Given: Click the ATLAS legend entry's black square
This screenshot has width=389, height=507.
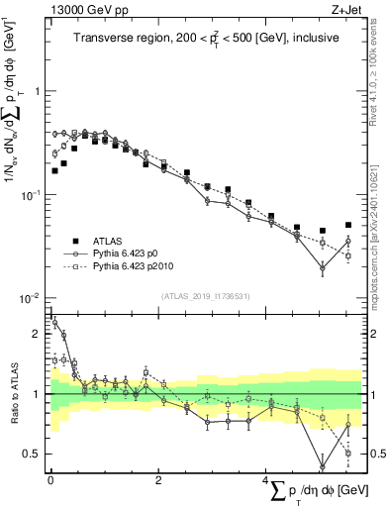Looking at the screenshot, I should (x=73, y=241).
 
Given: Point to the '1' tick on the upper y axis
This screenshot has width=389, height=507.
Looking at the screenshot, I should (x=37, y=91).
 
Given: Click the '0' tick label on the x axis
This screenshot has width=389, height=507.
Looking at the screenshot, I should (x=49, y=482).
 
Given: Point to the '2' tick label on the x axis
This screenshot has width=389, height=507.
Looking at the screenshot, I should (x=158, y=482).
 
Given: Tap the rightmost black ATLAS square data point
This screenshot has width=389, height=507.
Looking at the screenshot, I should (x=348, y=225).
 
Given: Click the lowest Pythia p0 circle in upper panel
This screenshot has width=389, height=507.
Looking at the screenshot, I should (x=323, y=267).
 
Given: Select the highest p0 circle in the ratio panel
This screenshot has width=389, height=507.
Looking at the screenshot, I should (x=54, y=322).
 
